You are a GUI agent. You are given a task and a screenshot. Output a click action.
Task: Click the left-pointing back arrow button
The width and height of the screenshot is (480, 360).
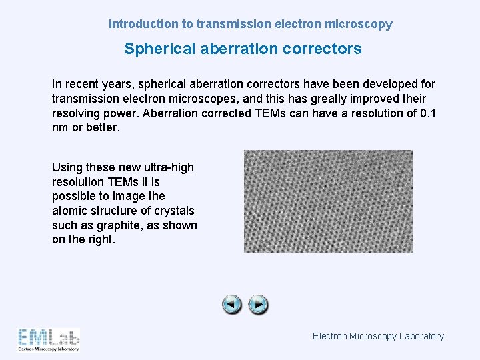[x=232, y=305]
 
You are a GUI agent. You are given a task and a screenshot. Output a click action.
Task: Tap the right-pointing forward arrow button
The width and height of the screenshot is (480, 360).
[x=258, y=305]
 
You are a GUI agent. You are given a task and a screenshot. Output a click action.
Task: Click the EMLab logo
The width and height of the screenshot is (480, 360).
[x=49, y=339]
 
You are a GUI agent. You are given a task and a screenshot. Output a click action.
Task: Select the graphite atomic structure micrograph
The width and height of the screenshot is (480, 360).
[x=328, y=201]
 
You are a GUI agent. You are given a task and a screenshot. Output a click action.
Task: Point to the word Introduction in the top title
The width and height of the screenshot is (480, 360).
[x=143, y=24]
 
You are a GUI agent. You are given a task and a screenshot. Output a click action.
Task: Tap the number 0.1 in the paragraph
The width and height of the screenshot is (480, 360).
[x=427, y=113]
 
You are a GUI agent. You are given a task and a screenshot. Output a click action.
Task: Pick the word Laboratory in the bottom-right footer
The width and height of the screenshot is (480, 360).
[x=421, y=336]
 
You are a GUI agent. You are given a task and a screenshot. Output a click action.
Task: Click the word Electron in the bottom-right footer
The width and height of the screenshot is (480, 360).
[x=329, y=336]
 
